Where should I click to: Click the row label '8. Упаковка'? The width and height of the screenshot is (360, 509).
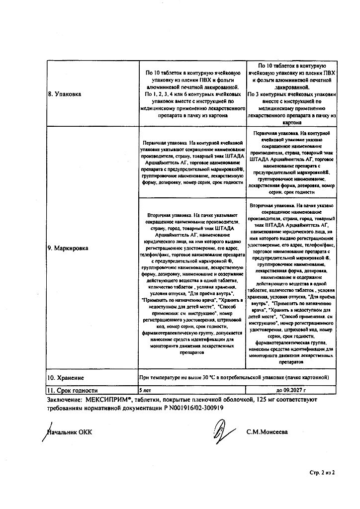pyautogui.click(x=69, y=93)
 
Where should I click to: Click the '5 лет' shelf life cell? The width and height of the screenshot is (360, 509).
pyautogui.click(x=145, y=390)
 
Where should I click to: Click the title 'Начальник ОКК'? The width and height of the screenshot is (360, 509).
pyautogui.click(x=70, y=432)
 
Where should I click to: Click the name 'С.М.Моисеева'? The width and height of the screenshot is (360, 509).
pyautogui.click(x=267, y=432)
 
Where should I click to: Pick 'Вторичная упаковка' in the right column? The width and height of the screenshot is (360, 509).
pyautogui.click(x=271, y=204)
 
